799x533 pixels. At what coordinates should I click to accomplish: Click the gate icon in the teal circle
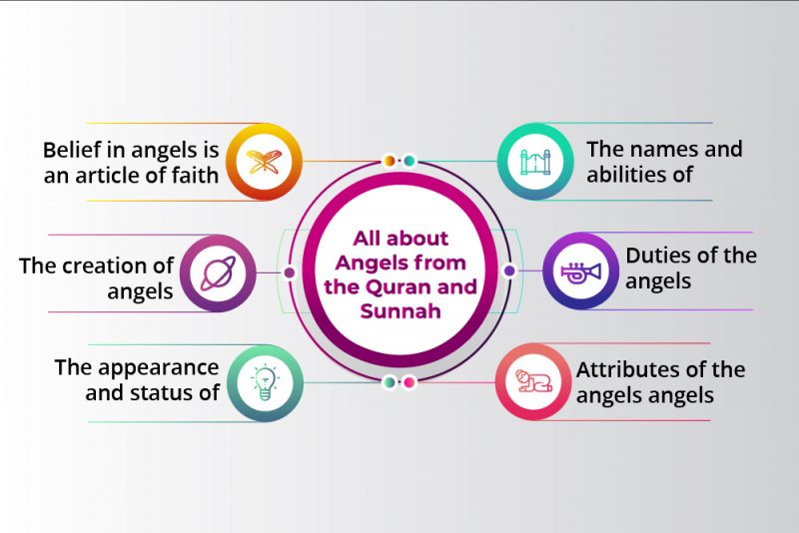pos(535,161)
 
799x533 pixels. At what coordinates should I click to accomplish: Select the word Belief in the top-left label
pos(71,151)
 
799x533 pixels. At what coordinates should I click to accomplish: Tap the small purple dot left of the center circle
pos(290,271)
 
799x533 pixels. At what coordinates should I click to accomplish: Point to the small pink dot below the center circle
pos(408,381)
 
